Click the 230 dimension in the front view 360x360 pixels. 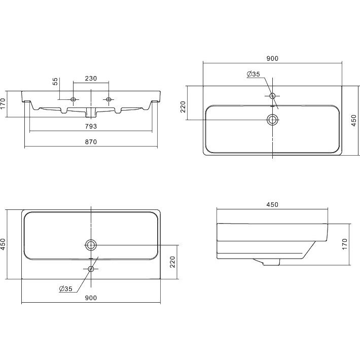click(91, 79)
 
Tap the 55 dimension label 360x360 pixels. click(55, 82)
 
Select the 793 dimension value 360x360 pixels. click(91, 126)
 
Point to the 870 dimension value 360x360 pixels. click(91, 142)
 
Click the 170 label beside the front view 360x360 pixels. click(3, 104)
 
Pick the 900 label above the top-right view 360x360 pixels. click(272, 58)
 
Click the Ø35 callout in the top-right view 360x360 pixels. click(253, 74)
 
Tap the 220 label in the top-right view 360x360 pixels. click(183, 107)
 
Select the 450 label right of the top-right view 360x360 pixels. click(354, 121)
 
